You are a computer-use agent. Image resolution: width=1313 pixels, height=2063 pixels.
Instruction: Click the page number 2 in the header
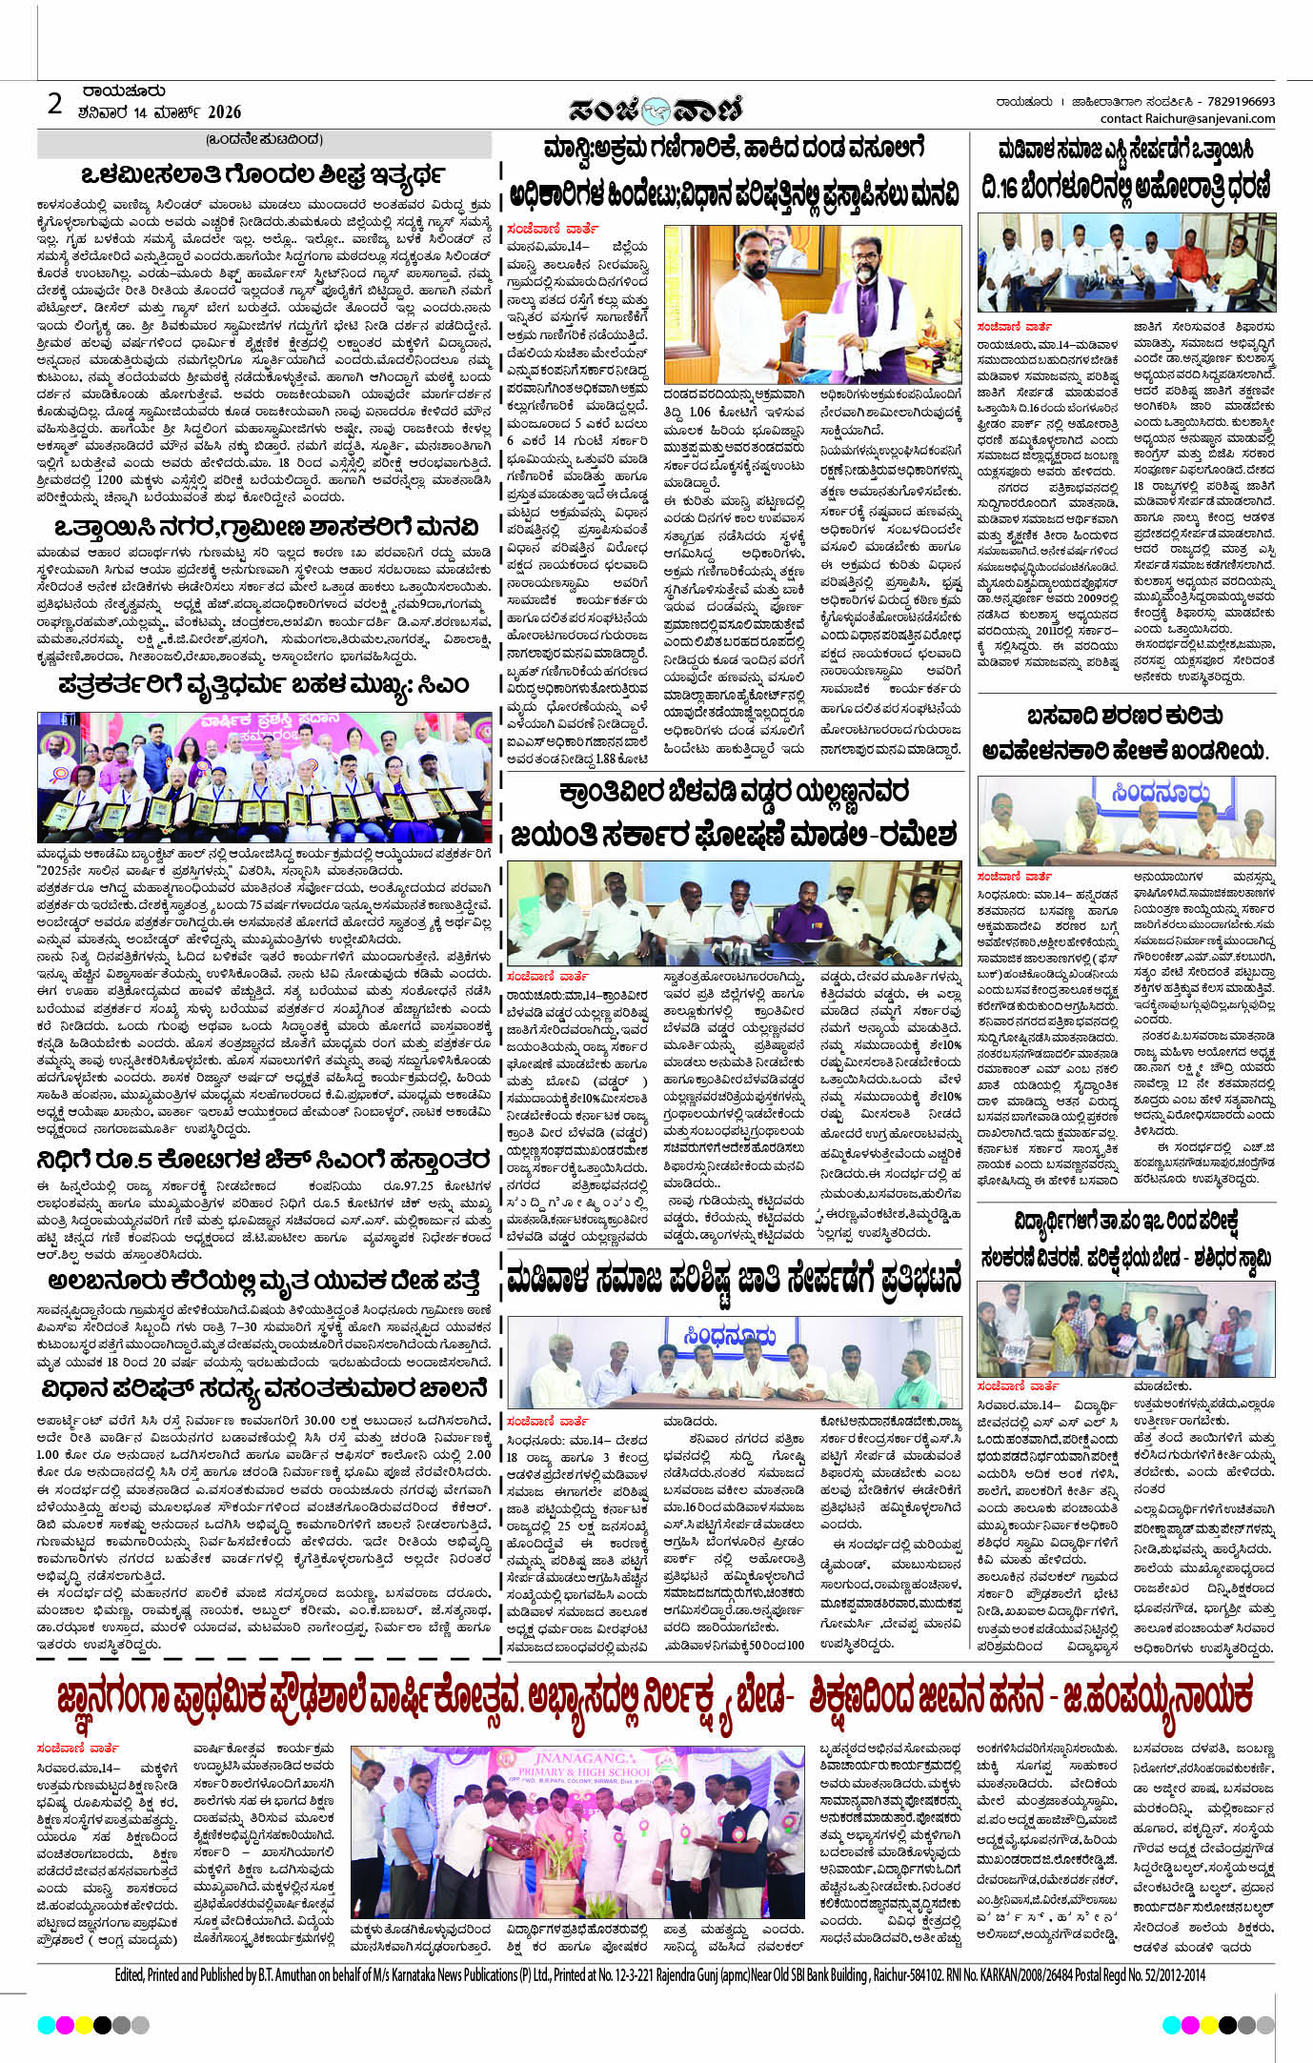coord(55,103)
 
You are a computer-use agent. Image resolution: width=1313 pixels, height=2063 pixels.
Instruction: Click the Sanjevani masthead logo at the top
coord(656,111)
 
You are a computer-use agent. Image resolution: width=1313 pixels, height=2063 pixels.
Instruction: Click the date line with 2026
coord(160,112)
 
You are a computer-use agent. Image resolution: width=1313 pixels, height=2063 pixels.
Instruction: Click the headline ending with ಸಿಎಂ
coord(264,684)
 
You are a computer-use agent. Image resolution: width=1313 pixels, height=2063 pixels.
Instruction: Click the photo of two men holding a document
coord(812,303)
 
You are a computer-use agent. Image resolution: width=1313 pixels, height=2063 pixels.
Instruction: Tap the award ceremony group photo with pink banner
coord(265,777)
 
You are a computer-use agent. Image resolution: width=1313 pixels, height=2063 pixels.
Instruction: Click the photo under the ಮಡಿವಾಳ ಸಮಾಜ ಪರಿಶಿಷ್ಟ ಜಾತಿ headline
coord(734,1360)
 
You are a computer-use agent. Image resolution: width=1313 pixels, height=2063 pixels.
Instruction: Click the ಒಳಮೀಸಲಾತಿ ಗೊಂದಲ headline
coord(264,175)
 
